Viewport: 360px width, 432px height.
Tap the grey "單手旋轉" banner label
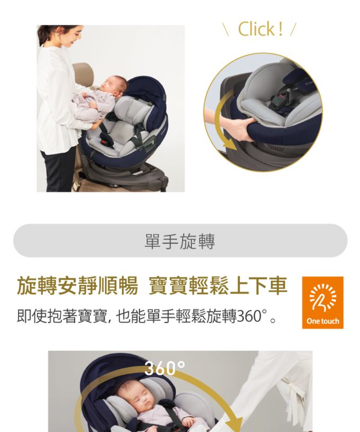tap(179, 241)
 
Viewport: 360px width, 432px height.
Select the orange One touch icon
tap(322, 302)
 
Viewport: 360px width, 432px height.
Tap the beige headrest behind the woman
tap(83, 74)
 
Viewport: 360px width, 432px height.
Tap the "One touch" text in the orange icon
tap(322, 321)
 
